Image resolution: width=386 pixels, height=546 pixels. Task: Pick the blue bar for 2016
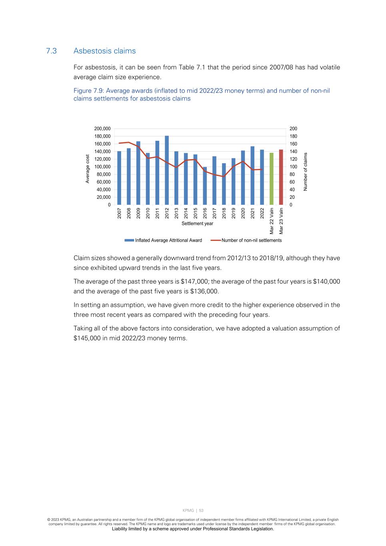click(205, 186)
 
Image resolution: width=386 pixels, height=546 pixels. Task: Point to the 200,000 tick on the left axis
click(102, 129)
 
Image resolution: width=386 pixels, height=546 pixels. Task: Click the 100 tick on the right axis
click(294, 167)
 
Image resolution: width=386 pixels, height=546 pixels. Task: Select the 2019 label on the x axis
click(234, 213)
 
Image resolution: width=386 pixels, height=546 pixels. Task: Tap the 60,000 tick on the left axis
click(104, 182)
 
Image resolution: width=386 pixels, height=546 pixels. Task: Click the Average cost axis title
click(88, 169)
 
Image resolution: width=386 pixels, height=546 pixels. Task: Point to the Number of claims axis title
click(306, 172)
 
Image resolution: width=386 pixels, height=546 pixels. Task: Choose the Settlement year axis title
click(197, 224)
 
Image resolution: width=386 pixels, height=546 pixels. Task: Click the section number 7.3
click(51, 51)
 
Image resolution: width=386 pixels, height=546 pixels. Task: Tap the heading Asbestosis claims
click(104, 51)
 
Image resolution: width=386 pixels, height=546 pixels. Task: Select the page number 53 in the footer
click(201, 510)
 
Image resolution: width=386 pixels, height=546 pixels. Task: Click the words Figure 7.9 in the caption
click(88, 91)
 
